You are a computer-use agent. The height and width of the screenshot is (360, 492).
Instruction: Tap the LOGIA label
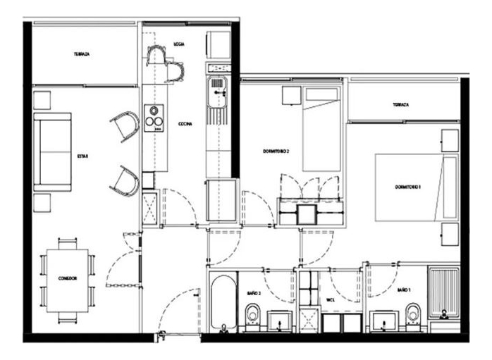click(x=179, y=44)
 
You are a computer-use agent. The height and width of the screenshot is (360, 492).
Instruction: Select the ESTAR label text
click(x=83, y=156)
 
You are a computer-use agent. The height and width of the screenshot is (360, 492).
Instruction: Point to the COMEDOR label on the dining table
click(x=68, y=279)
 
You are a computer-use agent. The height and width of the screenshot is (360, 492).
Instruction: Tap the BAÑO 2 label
click(x=254, y=291)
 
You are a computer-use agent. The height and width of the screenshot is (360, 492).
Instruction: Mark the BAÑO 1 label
click(x=403, y=290)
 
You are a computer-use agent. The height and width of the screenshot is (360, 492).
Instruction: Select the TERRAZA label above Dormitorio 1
click(x=402, y=105)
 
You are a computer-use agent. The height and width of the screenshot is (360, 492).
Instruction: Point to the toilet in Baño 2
click(x=252, y=314)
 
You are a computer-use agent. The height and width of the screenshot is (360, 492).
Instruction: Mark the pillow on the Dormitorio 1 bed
click(x=450, y=187)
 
